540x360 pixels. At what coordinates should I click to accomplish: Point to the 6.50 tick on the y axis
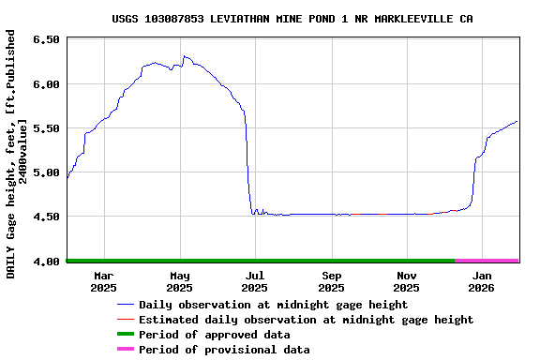click(46, 39)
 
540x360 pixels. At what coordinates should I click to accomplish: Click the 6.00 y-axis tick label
click(46, 83)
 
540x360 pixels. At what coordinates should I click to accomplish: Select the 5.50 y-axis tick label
click(46, 127)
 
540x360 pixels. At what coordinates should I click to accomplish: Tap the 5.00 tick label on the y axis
click(46, 172)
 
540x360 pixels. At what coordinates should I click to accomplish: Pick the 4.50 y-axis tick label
click(46, 217)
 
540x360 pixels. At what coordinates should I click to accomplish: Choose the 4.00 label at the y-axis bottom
click(46, 261)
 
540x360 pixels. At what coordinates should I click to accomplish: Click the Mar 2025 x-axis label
click(104, 281)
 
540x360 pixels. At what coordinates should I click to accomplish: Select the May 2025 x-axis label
click(180, 281)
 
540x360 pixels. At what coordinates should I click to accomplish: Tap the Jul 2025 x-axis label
click(255, 281)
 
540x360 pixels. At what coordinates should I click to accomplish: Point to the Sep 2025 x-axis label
click(332, 281)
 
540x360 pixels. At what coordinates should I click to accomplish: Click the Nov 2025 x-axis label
click(407, 281)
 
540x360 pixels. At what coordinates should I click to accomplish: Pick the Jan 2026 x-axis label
click(483, 281)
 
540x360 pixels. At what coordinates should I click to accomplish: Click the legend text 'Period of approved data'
click(214, 335)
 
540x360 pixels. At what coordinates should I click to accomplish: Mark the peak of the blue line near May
click(185, 56)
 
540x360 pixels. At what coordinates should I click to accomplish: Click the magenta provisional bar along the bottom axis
click(487, 260)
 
